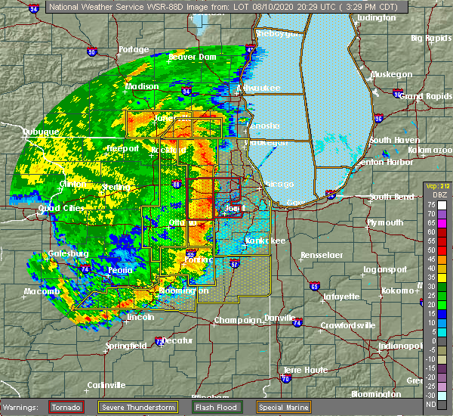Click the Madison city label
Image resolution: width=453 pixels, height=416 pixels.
click(x=142, y=86)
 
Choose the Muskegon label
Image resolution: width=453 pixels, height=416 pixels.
click(x=391, y=74)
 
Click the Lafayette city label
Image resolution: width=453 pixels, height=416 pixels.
click(x=341, y=296)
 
